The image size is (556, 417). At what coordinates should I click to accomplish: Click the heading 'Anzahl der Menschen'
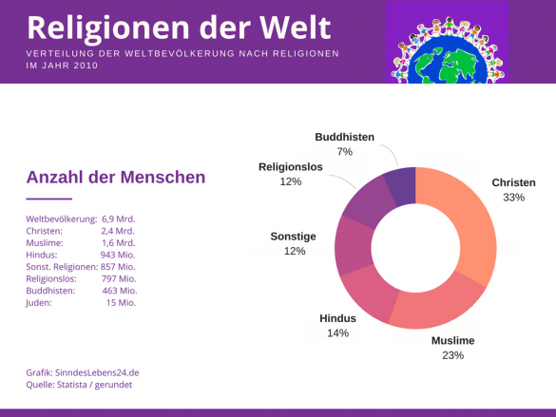pyautogui.click(x=115, y=177)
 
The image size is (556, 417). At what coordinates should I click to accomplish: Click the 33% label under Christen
pyautogui.click(x=513, y=198)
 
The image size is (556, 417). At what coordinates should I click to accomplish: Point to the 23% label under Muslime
pyautogui.click(x=452, y=355)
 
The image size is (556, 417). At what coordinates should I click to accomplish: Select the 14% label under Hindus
pyautogui.click(x=337, y=333)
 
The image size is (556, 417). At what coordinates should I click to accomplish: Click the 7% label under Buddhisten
pyautogui.click(x=344, y=152)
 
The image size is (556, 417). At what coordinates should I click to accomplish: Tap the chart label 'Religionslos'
pyautogui.click(x=291, y=167)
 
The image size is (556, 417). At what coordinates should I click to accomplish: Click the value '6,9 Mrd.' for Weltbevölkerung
pyautogui.click(x=118, y=218)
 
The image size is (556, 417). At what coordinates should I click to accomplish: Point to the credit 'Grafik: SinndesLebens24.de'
pyautogui.click(x=82, y=373)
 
